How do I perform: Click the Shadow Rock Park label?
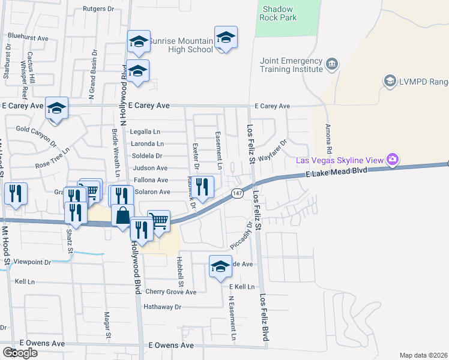278,13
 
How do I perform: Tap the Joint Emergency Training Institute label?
291,65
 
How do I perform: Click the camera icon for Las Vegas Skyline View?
393,160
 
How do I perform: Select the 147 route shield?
238,193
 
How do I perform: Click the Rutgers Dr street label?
98,9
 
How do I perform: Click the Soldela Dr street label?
151,155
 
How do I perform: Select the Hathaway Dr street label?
161,307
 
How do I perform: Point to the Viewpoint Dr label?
34,262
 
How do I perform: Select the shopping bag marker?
122,215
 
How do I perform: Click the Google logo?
20,352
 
